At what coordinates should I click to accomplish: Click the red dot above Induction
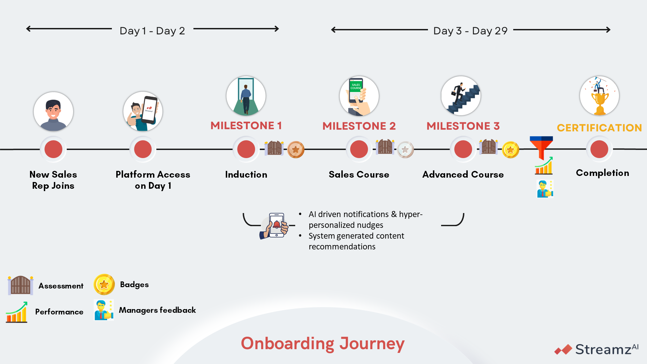click(x=246, y=149)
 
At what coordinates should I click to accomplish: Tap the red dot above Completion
click(x=599, y=149)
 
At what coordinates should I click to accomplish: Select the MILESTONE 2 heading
click(x=359, y=126)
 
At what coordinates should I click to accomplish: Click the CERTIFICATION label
click(x=599, y=128)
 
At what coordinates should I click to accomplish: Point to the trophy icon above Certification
click(x=599, y=96)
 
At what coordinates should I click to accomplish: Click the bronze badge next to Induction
click(x=296, y=150)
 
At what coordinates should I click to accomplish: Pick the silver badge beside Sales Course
click(x=405, y=150)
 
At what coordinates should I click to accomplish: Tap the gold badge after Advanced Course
click(x=511, y=150)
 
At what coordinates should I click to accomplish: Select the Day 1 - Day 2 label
click(x=152, y=31)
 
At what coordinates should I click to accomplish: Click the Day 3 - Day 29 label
click(x=470, y=31)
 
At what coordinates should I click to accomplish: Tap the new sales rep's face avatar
click(x=53, y=112)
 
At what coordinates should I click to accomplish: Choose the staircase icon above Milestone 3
click(x=461, y=96)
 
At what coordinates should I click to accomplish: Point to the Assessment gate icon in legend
click(x=21, y=285)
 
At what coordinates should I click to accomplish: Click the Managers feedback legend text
click(x=157, y=310)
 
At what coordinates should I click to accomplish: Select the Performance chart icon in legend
click(x=17, y=312)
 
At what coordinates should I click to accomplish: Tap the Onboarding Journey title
click(x=323, y=343)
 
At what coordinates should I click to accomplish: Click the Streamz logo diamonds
click(x=563, y=350)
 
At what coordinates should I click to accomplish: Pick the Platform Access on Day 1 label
click(x=153, y=180)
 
